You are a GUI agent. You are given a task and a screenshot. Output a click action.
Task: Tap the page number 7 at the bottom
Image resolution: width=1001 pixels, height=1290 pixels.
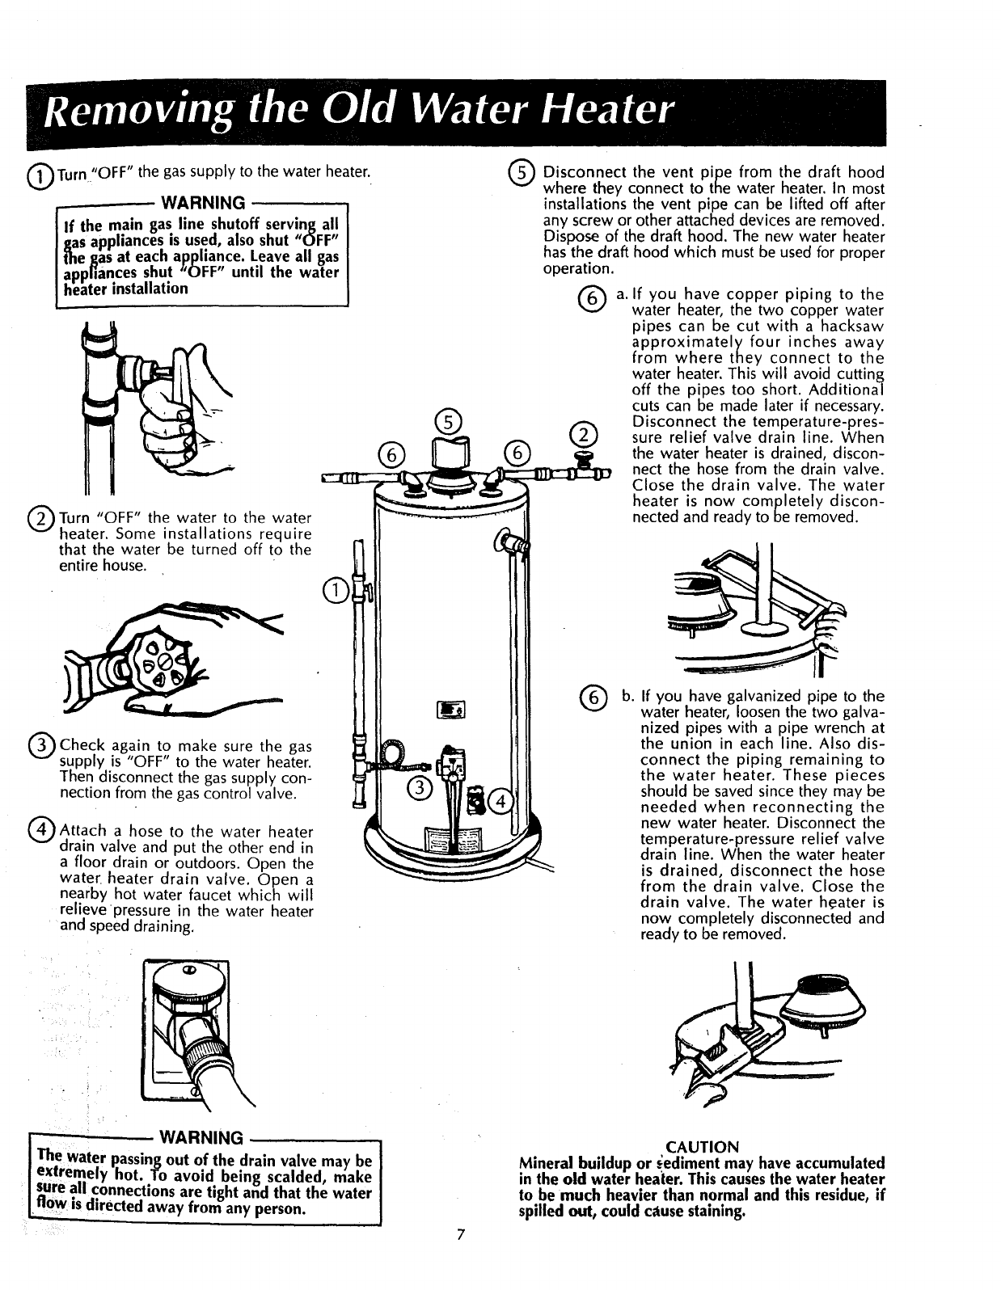coord(460,1257)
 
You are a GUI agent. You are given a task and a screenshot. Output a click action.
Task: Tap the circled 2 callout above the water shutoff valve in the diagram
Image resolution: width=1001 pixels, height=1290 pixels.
coord(581,433)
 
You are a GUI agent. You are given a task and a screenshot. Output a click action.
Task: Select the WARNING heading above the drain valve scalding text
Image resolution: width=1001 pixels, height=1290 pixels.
coord(202,1138)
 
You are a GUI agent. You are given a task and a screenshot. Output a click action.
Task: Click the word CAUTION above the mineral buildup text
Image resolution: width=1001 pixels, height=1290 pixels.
coord(701,1147)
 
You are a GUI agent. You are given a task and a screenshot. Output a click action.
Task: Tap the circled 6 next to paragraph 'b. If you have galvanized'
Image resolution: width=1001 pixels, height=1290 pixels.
coord(592,699)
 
